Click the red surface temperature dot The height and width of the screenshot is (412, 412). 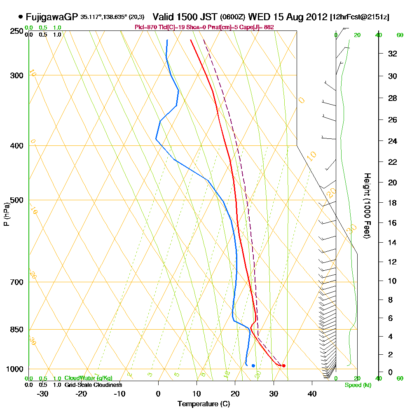[283, 365]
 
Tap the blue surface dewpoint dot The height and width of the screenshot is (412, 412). [253, 365]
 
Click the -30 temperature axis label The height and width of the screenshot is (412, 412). [43, 393]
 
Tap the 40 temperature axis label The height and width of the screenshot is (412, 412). [312, 393]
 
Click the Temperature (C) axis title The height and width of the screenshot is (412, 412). [204, 404]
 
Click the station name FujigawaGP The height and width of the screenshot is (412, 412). [52, 17]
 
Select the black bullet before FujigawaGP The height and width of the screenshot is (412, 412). [21, 17]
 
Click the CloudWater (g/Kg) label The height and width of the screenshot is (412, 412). [88, 378]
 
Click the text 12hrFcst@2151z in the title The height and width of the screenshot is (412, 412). [360, 17]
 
